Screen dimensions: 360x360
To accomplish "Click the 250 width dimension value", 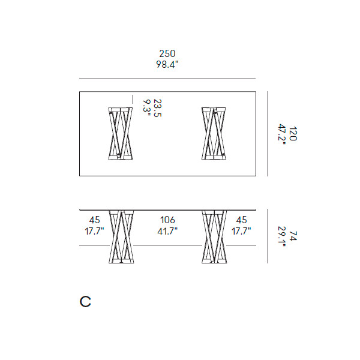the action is pyautogui.click(x=167, y=54).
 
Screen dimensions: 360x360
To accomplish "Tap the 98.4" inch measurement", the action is pyautogui.click(x=167, y=65).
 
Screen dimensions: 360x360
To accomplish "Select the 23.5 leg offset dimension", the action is pyautogui.click(x=157, y=108).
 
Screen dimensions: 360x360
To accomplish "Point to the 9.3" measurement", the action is pyautogui.click(x=147, y=108).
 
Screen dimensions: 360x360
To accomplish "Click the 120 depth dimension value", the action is pyautogui.click(x=293, y=133).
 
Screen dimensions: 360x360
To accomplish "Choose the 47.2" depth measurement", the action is pyautogui.click(x=282, y=134).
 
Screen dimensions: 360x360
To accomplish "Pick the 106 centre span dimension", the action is pyautogui.click(x=167, y=220).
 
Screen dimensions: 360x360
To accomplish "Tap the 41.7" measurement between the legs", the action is pyautogui.click(x=167, y=231).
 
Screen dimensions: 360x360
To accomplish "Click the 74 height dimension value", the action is pyautogui.click(x=293, y=236).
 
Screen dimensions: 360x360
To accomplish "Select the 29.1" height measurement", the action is pyautogui.click(x=282, y=237).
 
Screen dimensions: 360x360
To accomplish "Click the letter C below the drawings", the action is pyautogui.click(x=85, y=301).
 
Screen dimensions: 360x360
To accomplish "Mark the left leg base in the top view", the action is pyautogui.click(x=121, y=133).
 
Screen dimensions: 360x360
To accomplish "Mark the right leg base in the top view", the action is pyautogui.click(x=214, y=133).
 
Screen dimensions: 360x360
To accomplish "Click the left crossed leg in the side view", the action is pyautogui.click(x=121, y=236).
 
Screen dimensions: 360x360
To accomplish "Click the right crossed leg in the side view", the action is pyautogui.click(x=214, y=236).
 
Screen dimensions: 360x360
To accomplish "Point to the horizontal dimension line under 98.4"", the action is pyautogui.click(x=167, y=79).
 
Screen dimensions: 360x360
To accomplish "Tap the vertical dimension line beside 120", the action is pyautogui.click(x=268, y=134).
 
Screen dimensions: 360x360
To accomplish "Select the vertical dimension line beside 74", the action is pyautogui.click(x=268, y=236).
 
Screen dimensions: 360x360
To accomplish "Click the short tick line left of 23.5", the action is pyautogui.click(x=133, y=99).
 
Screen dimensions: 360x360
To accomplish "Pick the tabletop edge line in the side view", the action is pyautogui.click(x=167, y=209).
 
